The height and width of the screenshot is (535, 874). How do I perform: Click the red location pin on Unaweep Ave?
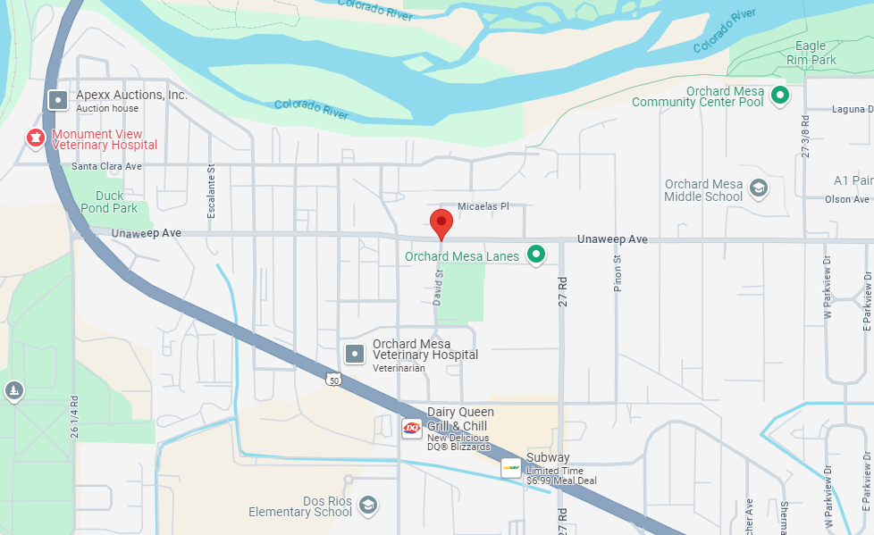(441, 222)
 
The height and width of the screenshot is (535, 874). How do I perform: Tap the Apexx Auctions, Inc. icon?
(58, 100)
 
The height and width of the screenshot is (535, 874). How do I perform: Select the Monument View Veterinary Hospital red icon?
(35, 138)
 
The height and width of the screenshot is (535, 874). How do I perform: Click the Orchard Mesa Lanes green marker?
(536, 256)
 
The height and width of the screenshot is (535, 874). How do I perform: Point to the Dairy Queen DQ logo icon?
(412, 429)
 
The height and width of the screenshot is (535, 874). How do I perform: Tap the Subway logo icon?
(510, 467)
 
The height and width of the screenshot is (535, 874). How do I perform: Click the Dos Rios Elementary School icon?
(367, 506)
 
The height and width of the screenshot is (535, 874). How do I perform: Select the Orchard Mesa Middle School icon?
(758, 188)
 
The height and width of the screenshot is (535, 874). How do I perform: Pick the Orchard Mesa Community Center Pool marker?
(780, 95)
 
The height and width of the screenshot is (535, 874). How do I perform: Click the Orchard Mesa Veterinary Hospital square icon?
(356, 354)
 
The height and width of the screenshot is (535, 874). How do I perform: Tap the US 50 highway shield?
(333, 379)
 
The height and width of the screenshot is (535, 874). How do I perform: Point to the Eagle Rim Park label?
(811, 53)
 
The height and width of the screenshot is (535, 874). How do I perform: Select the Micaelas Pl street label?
(483, 206)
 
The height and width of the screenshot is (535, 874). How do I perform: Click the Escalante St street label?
(212, 191)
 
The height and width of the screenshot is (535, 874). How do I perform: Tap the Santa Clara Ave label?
(107, 166)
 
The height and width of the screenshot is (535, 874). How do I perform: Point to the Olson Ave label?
(846, 200)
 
